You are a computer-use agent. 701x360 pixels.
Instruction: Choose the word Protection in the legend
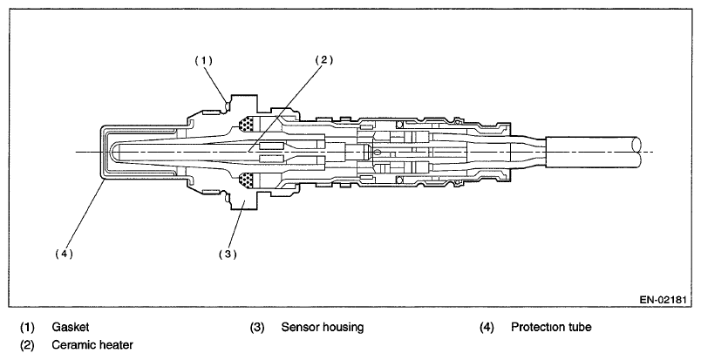541,328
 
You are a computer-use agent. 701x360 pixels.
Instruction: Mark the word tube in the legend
583,328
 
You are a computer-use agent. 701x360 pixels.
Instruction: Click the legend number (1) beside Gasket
28,328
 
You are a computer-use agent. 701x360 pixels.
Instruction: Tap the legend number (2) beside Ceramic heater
28,345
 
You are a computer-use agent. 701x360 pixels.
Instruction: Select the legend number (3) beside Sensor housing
256,328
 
